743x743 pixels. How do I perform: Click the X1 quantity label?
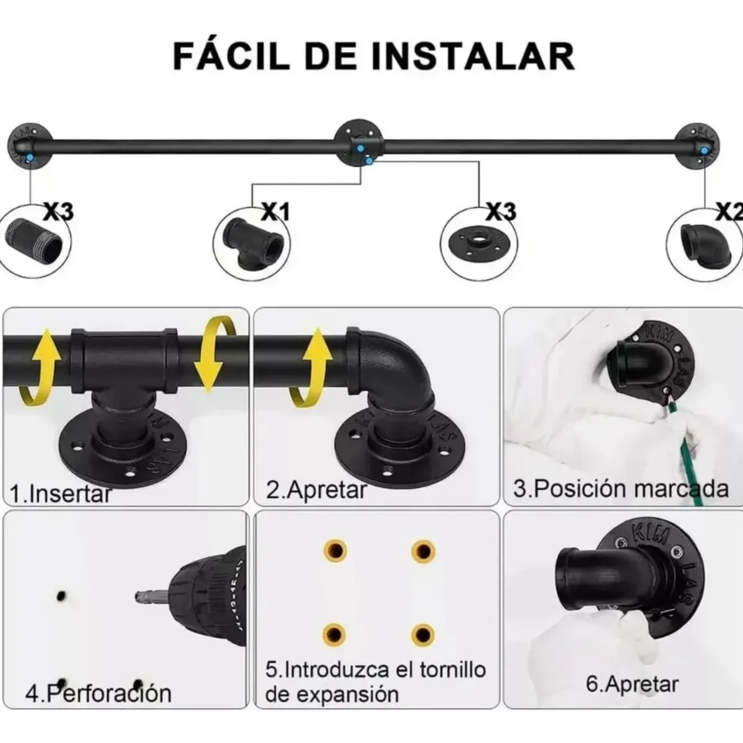(276, 212)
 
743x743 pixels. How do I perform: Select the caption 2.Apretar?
(316, 490)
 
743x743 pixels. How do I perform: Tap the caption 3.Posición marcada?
(620, 489)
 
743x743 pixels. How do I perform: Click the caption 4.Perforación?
(98, 692)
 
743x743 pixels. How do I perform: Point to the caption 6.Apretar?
(632, 684)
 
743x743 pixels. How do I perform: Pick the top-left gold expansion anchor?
(335, 550)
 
